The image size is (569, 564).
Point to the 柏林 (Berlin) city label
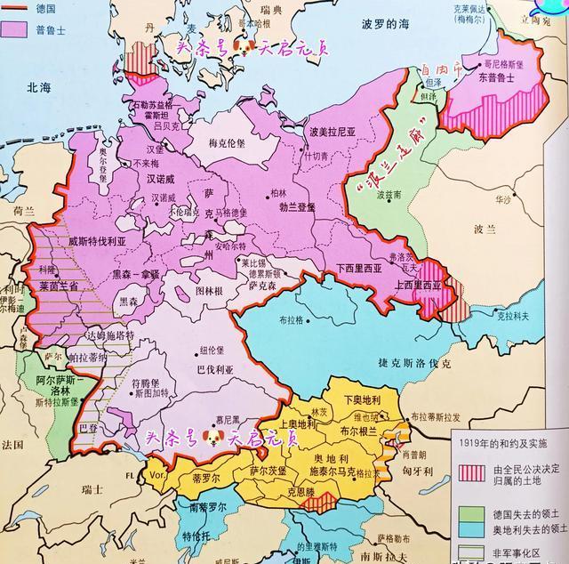tap(281, 192)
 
